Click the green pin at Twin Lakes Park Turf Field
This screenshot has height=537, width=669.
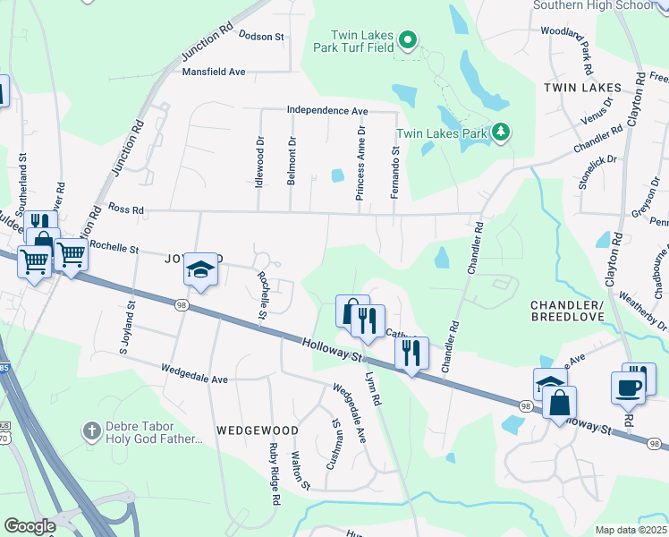point(408,38)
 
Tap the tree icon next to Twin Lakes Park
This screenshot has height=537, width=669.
point(502,133)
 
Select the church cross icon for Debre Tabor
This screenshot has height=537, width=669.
point(90,430)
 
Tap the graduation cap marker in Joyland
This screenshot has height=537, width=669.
point(200,270)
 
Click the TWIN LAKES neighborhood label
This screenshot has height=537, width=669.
point(582,87)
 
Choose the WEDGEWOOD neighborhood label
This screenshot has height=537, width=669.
point(250,430)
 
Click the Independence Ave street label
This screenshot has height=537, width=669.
point(327,110)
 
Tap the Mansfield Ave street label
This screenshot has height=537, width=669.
point(214,72)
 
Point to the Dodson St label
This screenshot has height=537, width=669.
point(261,37)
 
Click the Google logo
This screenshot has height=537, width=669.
point(30,526)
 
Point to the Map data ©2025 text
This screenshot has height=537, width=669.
point(630,530)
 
